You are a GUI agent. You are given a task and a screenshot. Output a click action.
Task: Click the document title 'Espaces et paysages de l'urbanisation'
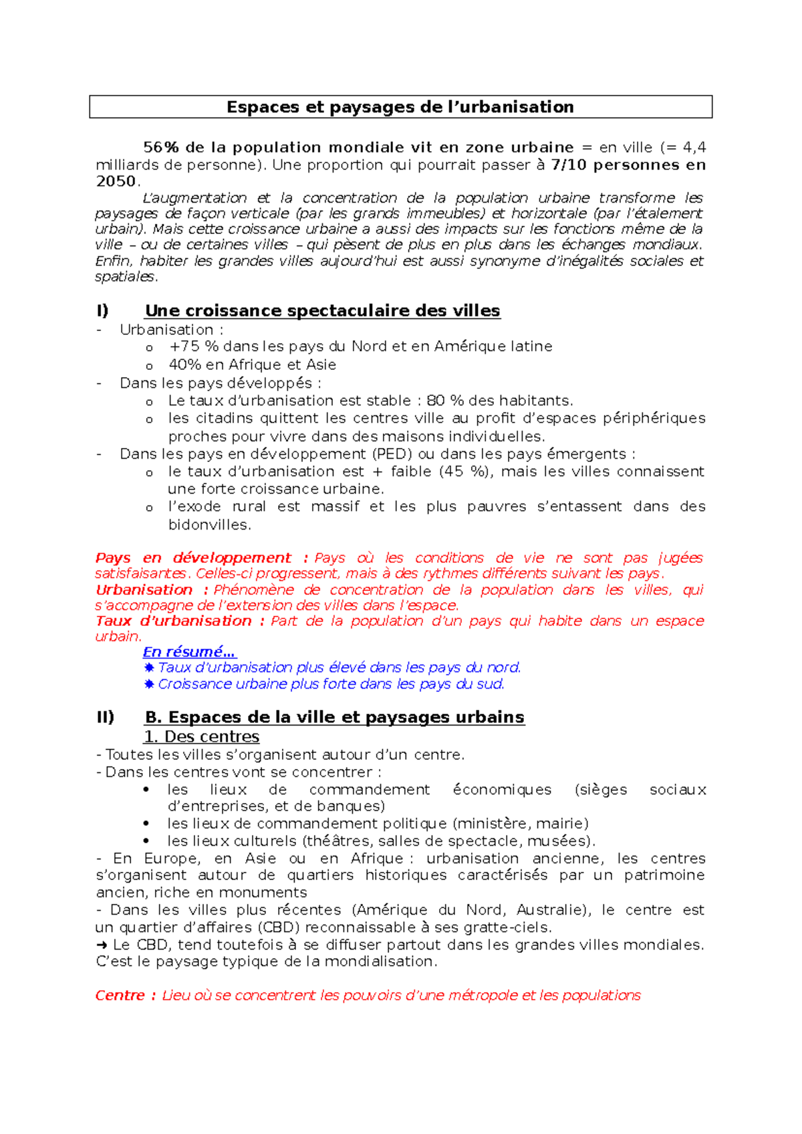click(x=400, y=107)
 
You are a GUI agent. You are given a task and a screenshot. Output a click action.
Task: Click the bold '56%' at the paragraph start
click(x=161, y=148)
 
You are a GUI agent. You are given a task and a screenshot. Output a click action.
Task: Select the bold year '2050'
click(x=116, y=181)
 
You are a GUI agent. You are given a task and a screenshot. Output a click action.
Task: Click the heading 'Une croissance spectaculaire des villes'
click(x=322, y=311)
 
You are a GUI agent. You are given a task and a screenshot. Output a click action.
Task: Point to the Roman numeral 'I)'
click(x=103, y=311)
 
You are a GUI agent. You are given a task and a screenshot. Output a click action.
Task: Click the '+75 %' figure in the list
click(x=194, y=346)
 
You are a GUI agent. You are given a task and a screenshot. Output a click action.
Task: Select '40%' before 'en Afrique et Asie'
click(x=184, y=365)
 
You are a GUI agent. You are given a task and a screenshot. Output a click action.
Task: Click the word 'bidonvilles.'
click(x=209, y=525)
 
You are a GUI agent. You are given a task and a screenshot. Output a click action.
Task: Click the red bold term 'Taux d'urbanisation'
click(x=173, y=621)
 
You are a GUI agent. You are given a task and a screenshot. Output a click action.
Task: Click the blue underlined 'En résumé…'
click(x=189, y=652)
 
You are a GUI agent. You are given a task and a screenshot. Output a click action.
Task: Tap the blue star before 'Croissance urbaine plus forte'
click(x=149, y=684)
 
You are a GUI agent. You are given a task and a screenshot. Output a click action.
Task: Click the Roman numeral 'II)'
click(x=106, y=717)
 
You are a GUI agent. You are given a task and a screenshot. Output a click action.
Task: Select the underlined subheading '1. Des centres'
click(x=201, y=737)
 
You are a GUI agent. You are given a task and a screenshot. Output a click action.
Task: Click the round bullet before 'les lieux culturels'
click(x=147, y=841)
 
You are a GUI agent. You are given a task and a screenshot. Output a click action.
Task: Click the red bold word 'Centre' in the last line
click(x=120, y=996)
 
